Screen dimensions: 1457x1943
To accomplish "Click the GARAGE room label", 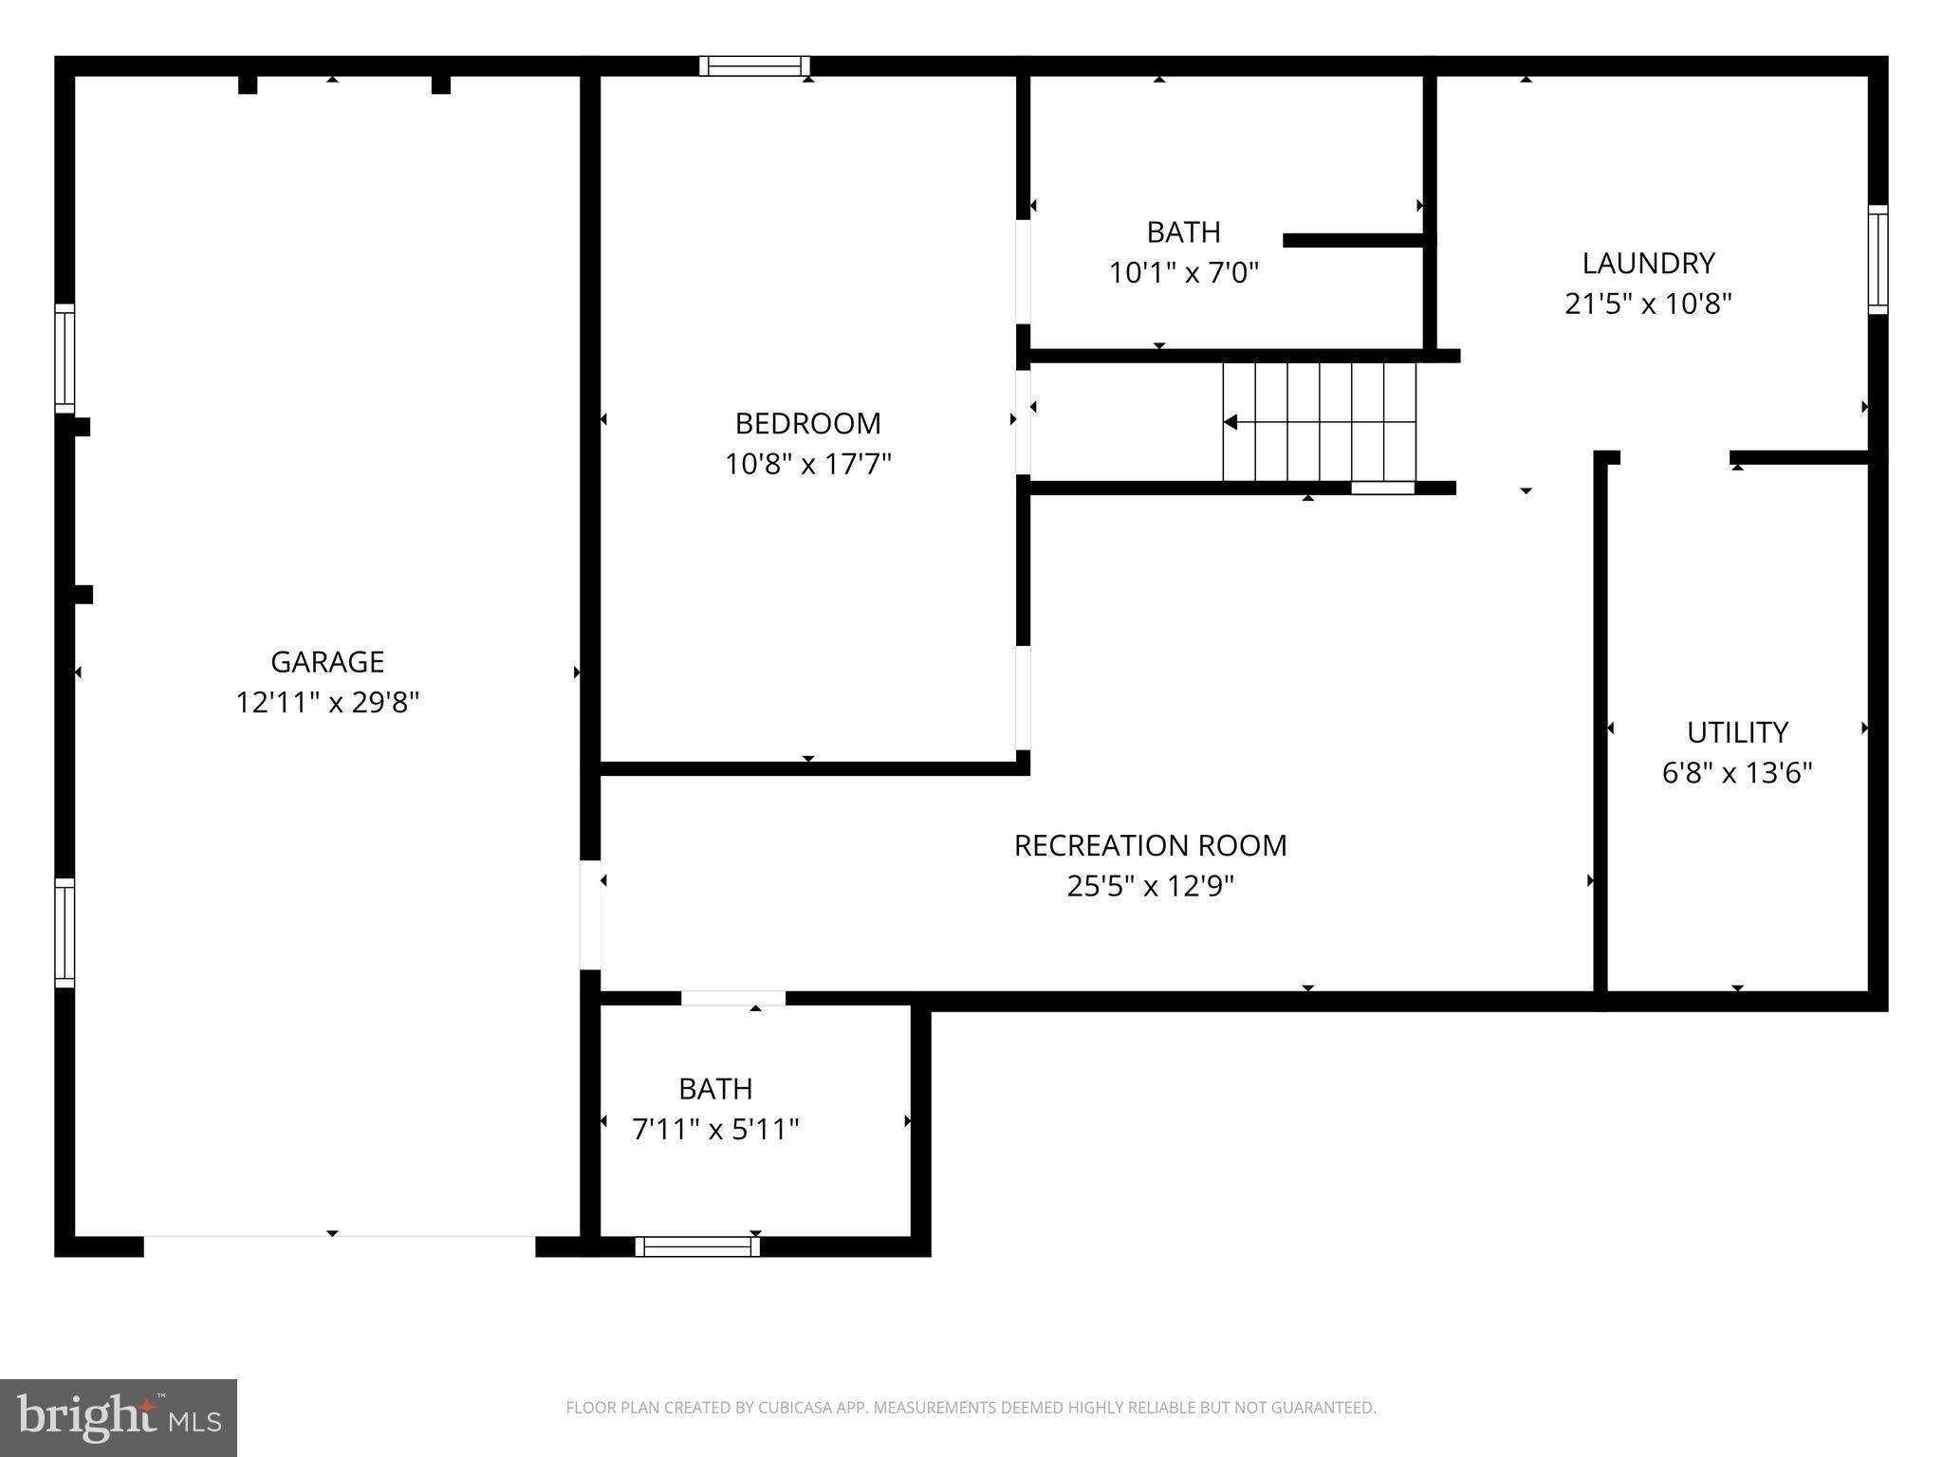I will pos(327,661).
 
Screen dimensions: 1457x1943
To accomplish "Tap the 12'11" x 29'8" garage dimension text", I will pos(327,703).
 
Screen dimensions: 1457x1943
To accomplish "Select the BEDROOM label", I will pos(807,423).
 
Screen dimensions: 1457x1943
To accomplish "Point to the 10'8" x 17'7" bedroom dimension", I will pos(807,464).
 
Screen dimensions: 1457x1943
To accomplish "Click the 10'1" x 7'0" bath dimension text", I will pos(1183,273).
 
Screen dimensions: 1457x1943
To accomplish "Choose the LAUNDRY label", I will pos(1648,263).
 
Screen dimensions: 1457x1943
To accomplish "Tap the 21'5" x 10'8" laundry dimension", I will pos(1648,304).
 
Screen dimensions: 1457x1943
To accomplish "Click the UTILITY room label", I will pos(1737,732).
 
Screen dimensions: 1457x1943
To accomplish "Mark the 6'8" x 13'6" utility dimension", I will pos(1737,773).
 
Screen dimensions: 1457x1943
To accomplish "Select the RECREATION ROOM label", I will pos(1150,845).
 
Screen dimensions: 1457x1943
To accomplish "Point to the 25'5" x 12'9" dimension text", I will pos(1150,886).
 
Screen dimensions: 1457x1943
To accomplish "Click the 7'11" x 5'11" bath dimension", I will pos(715,1130).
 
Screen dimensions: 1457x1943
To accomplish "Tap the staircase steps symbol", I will pos(1319,422).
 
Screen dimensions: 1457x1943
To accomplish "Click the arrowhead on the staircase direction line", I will pos(1231,422).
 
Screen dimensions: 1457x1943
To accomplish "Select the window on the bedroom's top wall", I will pos(754,65).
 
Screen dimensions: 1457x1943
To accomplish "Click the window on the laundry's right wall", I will pos(1878,259).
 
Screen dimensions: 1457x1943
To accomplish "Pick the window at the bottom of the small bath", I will pos(697,1246).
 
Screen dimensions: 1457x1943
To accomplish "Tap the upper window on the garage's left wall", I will pos(65,359).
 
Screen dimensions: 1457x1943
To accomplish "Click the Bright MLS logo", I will pos(119,1417).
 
